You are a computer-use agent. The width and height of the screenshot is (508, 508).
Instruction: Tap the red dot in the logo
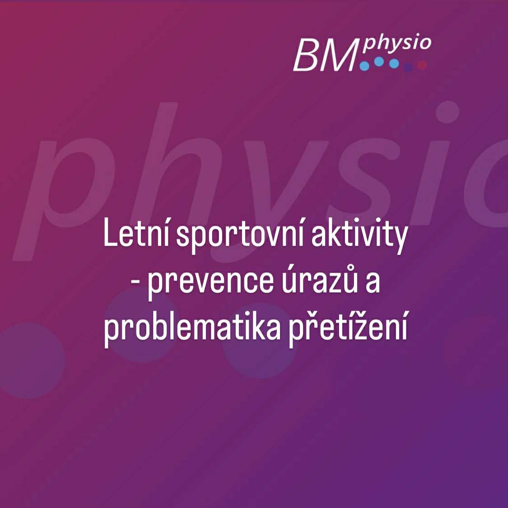click(422, 65)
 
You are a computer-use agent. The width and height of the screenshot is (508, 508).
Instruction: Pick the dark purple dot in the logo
click(408, 67)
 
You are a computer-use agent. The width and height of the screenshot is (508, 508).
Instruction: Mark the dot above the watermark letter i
click(447, 112)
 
